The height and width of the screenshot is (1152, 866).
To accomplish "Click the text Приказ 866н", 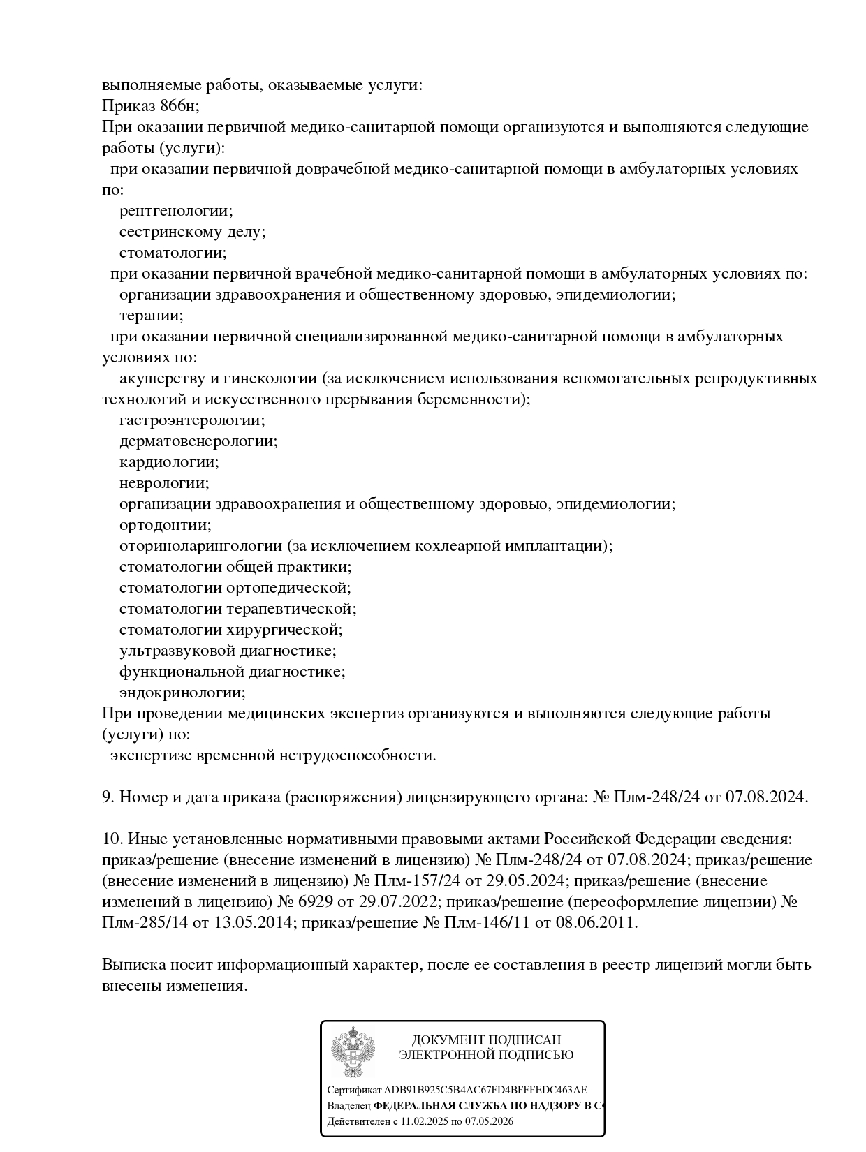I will pos(150,106).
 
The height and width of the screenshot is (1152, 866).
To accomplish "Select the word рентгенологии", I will pos(175,211).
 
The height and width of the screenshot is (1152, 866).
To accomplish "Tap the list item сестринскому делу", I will pos(192,232).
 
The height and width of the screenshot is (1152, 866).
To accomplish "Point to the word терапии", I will pos(151,316).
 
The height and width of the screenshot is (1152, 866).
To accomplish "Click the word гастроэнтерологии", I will pos(191,420).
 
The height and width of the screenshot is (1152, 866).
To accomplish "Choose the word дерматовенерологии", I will pos(198,441).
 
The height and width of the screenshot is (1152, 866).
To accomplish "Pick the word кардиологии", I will pos(168,462).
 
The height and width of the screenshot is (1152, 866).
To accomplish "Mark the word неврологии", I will pos(163,483).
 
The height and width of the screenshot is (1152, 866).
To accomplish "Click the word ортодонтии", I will pos(165,525).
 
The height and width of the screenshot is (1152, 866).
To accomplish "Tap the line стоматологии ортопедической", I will pos(235,588).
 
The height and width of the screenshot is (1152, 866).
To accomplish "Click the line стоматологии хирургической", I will pos(230,630).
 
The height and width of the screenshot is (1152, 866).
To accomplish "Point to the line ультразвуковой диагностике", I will pos(228,651).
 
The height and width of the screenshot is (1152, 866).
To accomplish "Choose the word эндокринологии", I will pos(182,693).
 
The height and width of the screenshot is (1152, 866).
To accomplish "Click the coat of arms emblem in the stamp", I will pos(353,1051).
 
